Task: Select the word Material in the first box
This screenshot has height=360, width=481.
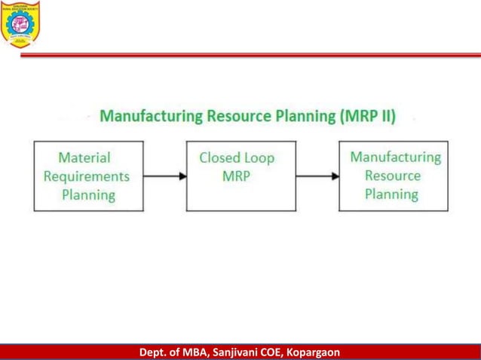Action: [84, 157]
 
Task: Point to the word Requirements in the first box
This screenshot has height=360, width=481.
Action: [86, 176]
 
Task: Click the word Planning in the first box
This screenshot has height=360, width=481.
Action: [88, 195]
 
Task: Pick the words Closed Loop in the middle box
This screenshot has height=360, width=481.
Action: [237, 158]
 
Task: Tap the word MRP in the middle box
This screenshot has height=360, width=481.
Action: [236, 176]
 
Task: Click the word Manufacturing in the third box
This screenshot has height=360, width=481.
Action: [395, 157]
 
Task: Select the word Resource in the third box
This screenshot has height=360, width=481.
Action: [393, 175]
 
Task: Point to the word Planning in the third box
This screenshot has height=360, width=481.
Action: [391, 194]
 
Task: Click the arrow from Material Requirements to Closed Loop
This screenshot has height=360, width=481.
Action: [164, 177]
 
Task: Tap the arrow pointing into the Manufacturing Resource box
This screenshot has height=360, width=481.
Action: [317, 177]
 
